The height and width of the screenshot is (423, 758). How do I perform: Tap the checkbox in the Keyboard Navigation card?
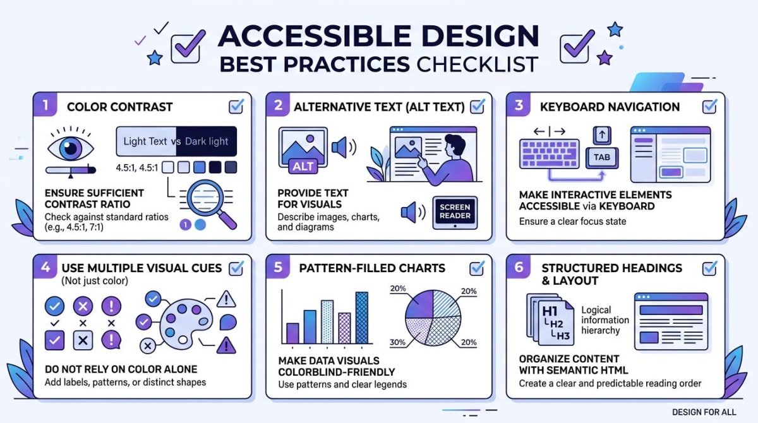coord(709,106)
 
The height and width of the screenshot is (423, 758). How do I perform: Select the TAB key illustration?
coord(602,157)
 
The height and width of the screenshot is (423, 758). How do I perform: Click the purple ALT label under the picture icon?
coord(303,166)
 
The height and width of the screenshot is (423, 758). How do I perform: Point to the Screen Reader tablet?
coord(455,213)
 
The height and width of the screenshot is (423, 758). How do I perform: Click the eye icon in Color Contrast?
coord(70,148)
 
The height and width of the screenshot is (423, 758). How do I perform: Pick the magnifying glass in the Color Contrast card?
coord(209,201)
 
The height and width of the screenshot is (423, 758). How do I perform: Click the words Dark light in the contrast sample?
coord(207,141)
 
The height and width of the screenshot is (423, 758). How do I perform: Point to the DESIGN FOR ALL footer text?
coord(704,412)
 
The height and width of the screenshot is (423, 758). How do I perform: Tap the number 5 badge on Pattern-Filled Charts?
coord(279,268)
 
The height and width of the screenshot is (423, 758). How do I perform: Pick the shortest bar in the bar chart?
coord(292,333)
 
